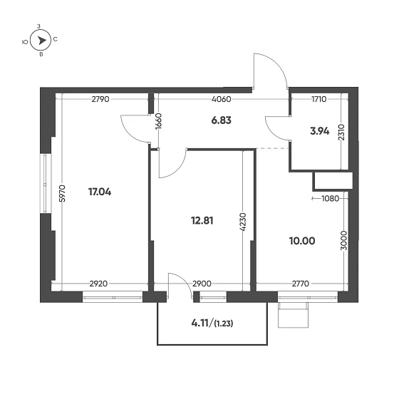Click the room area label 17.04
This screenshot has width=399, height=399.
pyautogui.click(x=99, y=192)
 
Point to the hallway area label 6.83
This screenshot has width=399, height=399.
pyautogui.click(x=222, y=122)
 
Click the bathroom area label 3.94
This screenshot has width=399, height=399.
pyautogui.click(x=318, y=131)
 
